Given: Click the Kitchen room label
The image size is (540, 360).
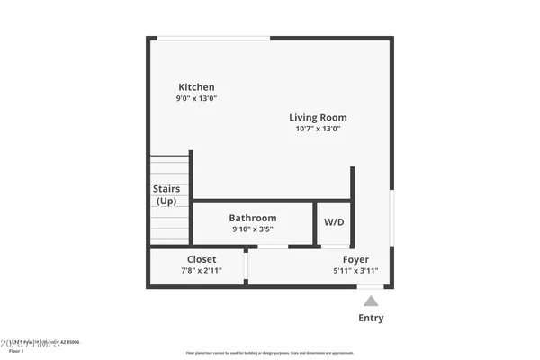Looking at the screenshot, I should (x=196, y=87).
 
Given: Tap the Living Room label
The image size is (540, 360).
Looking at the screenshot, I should (x=318, y=117).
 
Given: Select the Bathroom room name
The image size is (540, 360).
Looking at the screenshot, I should (x=252, y=218).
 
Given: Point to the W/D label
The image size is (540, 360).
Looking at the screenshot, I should (x=333, y=222).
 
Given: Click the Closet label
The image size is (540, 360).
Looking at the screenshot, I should (x=202, y=259).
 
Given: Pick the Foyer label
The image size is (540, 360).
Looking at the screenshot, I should (x=355, y=259).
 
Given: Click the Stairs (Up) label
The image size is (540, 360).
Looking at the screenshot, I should (x=166, y=194).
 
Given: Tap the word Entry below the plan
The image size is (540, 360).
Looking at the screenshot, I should (x=371, y=318).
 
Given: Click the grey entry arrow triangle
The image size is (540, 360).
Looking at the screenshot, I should (x=371, y=301).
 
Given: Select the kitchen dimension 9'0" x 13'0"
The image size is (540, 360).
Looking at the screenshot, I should (x=197, y=99).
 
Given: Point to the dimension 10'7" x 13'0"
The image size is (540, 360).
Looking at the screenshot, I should (x=318, y=129).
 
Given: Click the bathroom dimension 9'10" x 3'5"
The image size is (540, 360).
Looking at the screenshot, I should (x=252, y=229).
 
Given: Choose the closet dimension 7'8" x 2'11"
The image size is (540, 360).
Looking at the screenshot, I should (x=202, y=270).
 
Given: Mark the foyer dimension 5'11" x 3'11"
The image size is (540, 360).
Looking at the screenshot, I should (x=355, y=270).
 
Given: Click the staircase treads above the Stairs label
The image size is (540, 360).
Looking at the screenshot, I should (x=168, y=166).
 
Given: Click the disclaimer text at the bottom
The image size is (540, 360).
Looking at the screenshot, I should (x=269, y=353).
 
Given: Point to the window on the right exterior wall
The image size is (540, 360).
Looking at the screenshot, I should (x=391, y=216).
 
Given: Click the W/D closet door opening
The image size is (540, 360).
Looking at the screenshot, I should (x=335, y=246).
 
